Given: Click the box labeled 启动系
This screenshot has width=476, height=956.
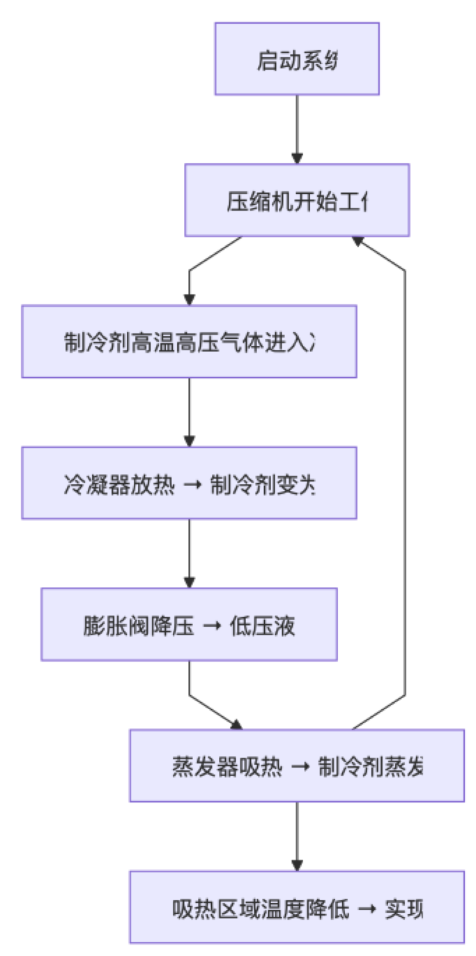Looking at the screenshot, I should (x=297, y=59).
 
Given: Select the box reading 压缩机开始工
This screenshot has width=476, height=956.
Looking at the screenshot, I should (x=297, y=200).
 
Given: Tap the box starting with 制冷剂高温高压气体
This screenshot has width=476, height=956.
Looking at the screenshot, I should (x=189, y=342).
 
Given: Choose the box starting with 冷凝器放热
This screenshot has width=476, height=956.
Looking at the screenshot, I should (x=189, y=483).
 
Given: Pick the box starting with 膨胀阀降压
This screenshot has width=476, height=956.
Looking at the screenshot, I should (x=189, y=625).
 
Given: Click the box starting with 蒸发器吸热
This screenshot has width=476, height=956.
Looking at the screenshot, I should (x=297, y=766).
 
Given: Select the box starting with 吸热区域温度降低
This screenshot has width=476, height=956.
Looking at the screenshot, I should (x=297, y=907).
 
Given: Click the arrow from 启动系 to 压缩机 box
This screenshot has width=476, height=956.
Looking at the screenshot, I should (x=297, y=129).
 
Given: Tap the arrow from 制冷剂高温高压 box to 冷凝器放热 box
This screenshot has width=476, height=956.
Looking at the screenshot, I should (x=189, y=412).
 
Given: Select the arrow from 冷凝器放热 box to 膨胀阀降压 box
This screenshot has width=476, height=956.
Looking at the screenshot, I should (x=189, y=554).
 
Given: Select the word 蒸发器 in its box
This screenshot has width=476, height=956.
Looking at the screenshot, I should (x=194, y=767).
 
